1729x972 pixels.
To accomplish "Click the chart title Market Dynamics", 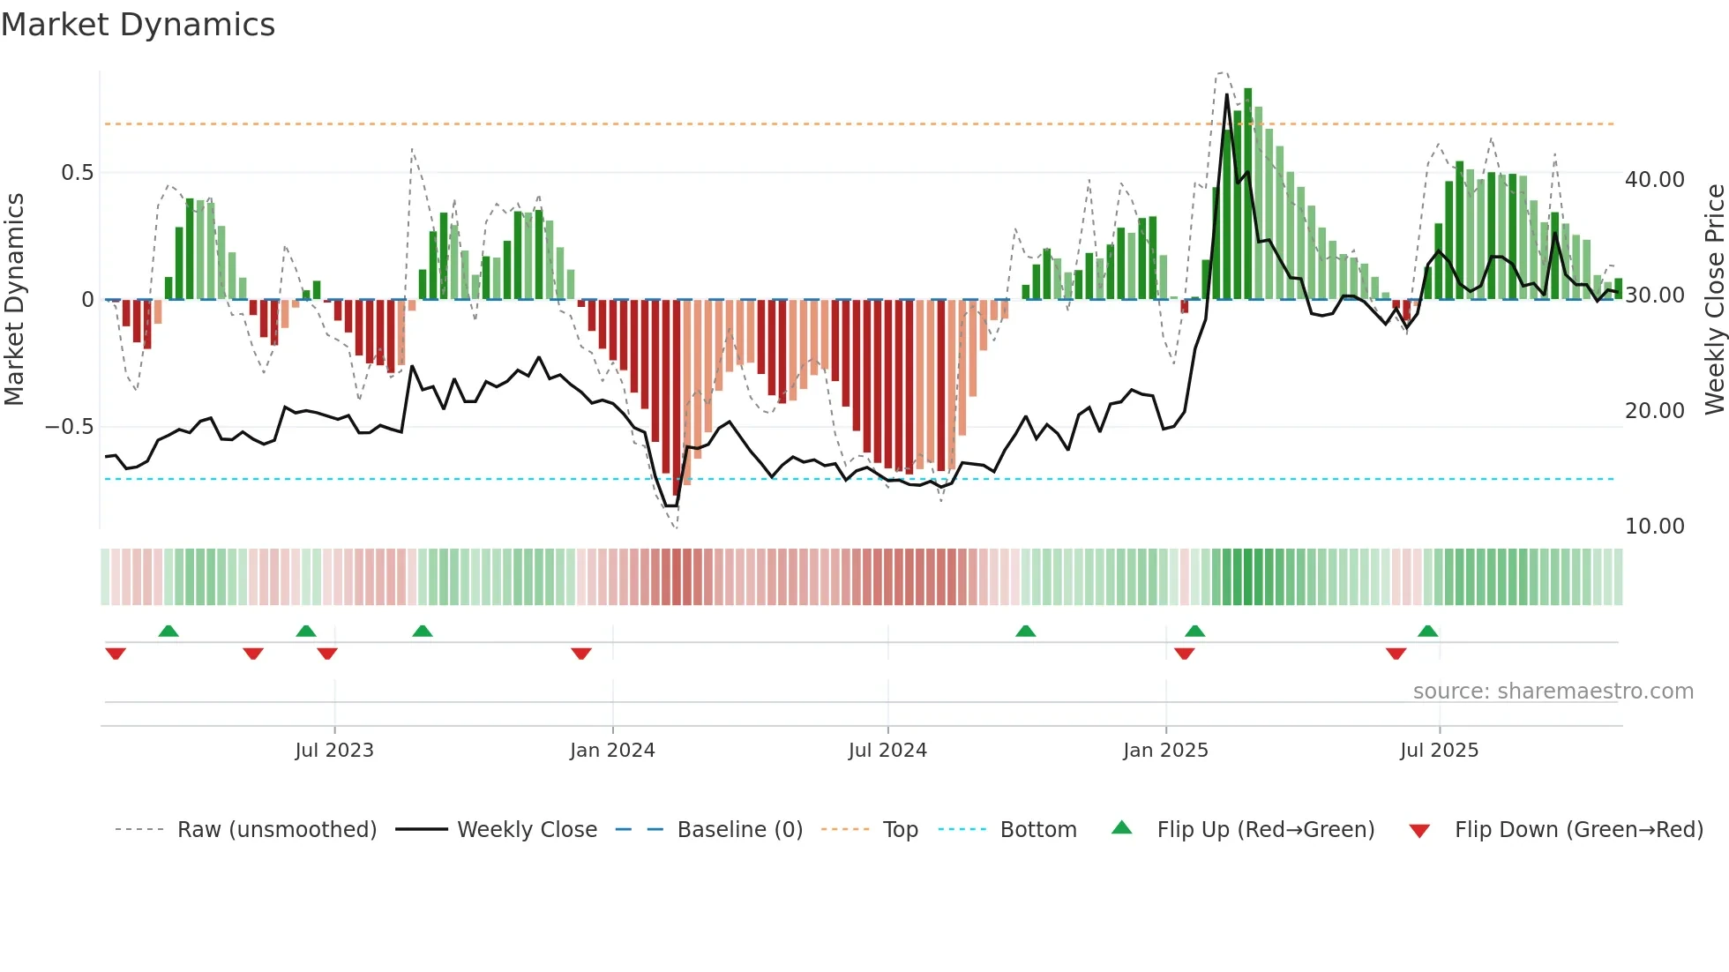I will pos(138,25).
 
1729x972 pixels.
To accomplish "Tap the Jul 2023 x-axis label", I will pos(334,751).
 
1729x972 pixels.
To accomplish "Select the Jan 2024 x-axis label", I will pos(612,751).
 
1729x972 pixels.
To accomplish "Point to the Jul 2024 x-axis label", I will pos(887,751).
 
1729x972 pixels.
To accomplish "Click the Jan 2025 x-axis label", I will pos(1165,751).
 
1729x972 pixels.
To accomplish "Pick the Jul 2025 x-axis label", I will pos(1439,751).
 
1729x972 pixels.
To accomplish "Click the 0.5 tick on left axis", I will pos(78,173).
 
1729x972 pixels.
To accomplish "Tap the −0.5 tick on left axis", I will pos(70,427).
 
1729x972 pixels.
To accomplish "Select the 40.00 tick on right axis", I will pos(1655,180).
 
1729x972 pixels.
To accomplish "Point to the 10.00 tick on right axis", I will pos(1655,527).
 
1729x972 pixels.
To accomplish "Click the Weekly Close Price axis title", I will pos(1715,300).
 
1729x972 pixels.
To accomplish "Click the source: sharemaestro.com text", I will pos(1553,692).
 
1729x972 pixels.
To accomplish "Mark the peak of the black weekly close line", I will pos(1227,95).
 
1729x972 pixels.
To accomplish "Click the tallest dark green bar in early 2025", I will pos(1248,194).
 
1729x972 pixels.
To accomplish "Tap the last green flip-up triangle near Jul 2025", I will pos(1427,631).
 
